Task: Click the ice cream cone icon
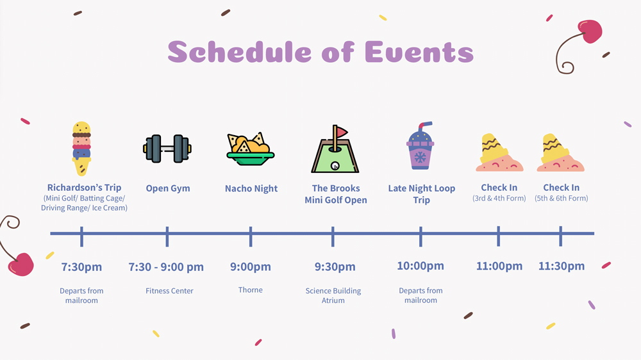(82, 149)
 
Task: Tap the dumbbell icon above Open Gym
(167, 149)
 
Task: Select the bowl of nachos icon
(251, 149)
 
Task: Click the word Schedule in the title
(240, 53)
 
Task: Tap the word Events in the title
(419, 53)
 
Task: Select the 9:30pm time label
(335, 266)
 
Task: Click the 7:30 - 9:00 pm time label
(166, 266)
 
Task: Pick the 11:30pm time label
(562, 266)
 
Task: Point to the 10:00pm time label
(420, 266)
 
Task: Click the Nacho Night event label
(251, 188)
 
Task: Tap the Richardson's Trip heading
(84, 188)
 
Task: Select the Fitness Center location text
(169, 291)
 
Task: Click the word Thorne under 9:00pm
(251, 290)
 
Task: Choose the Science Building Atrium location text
(333, 295)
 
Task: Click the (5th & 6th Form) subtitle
(562, 198)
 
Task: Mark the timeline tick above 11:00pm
(498, 236)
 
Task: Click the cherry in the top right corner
(590, 31)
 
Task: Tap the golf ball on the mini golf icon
(335, 166)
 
